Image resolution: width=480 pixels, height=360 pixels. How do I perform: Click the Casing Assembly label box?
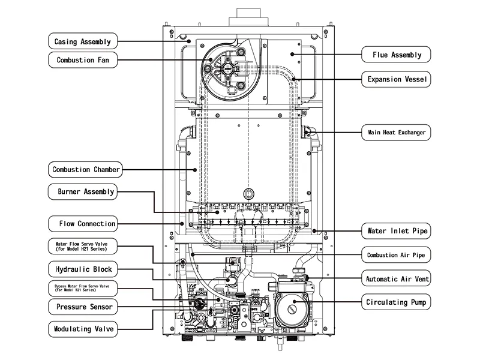click(x=83, y=41)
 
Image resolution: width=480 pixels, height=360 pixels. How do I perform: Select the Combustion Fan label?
click(x=83, y=59)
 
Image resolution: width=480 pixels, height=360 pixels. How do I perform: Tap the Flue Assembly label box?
click(x=396, y=55)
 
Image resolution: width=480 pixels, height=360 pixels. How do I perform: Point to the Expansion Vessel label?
click(x=396, y=79)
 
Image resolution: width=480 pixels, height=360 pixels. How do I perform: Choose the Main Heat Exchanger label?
click(x=396, y=133)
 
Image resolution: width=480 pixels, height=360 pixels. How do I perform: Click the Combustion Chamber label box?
click(x=85, y=170)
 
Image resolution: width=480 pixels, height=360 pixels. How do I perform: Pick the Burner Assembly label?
click(x=83, y=191)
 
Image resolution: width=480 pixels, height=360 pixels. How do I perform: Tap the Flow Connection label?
click(x=83, y=224)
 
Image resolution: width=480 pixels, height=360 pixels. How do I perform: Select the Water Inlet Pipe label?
click(x=396, y=231)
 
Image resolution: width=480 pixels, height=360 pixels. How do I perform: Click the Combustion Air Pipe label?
click(x=396, y=255)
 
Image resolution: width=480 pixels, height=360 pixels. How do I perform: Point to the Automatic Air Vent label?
click(x=396, y=278)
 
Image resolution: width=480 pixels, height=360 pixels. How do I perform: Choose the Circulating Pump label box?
click(x=396, y=302)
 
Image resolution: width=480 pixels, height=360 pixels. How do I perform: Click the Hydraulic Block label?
click(x=83, y=269)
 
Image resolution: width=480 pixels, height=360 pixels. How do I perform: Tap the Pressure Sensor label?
click(x=83, y=307)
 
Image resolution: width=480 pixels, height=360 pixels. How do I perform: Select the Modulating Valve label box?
click(x=83, y=329)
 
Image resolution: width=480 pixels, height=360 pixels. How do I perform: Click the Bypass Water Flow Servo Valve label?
click(x=83, y=288)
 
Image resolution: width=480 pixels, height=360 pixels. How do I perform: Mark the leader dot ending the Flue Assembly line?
click(x=292, y=54)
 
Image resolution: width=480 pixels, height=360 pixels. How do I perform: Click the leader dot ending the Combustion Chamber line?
click(x=195, y=170)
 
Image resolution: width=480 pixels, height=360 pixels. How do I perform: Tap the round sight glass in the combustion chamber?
click(x=248, y=194)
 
